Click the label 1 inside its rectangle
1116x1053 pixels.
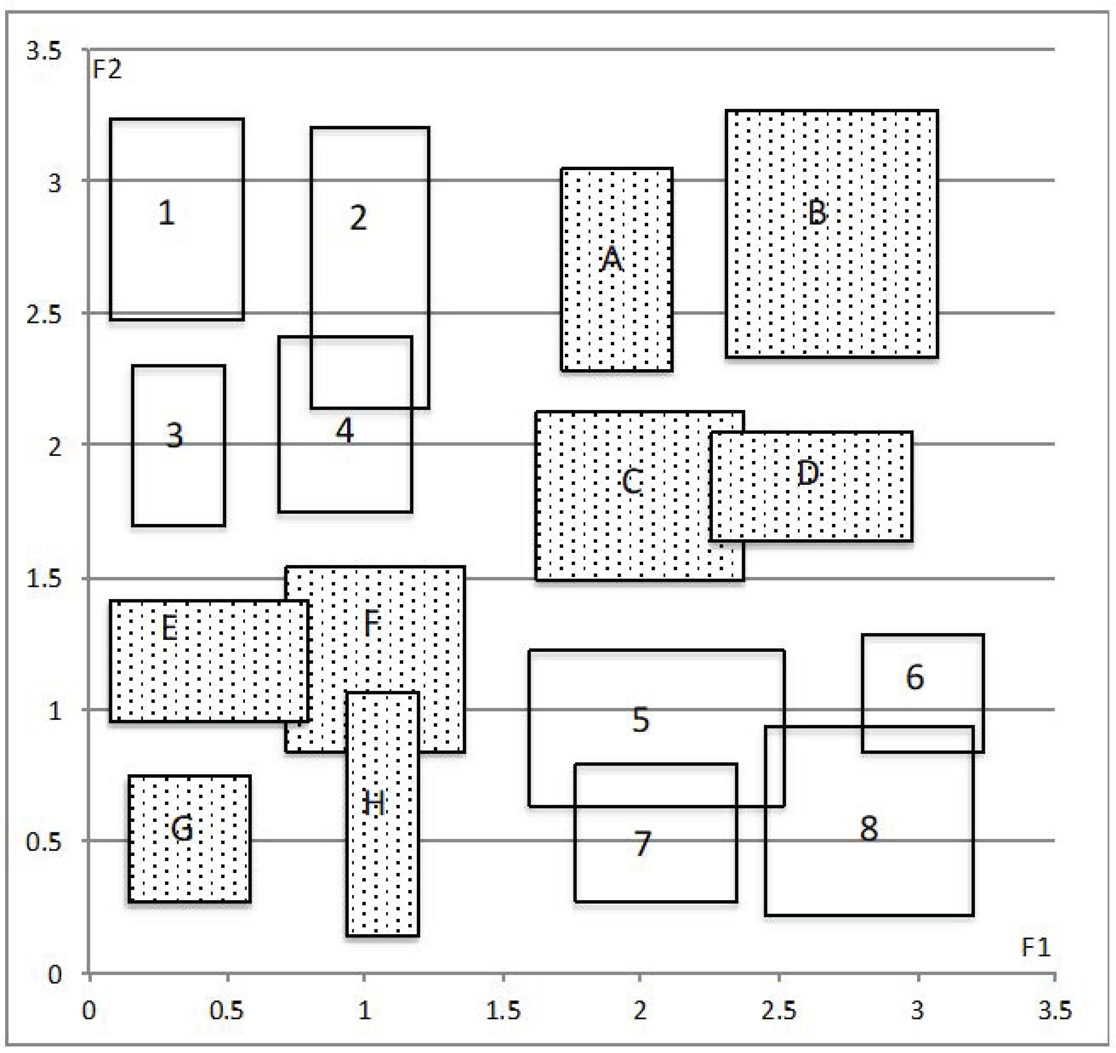(x=166, y=213)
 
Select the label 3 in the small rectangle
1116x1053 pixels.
(x=174, y=435)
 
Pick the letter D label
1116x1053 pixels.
(x=808, y=473)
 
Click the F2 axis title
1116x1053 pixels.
(x=107, y=70)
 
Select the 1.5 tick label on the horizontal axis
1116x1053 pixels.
(x=503, y=1010)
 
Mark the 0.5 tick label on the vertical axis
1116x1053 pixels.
(x=44, y=841)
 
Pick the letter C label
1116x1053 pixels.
(x=632, y=481)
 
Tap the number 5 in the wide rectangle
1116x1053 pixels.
(x=640, y=720)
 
